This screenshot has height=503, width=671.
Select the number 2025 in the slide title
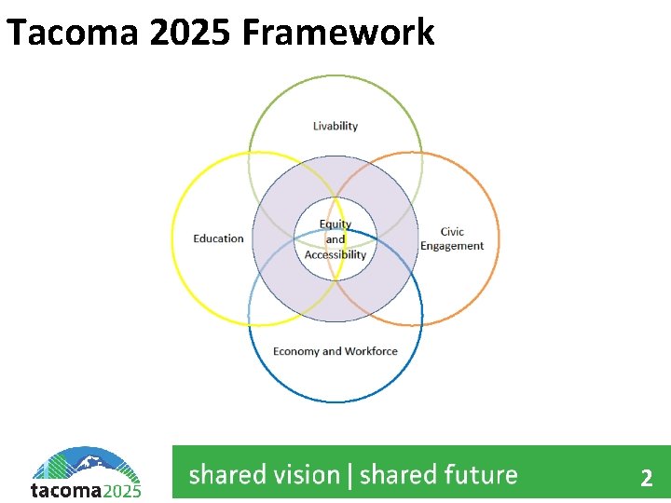[x=177, y=32]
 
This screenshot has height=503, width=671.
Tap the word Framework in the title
[x=338, y=32]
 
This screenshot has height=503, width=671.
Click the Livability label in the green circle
[x=335, y=126]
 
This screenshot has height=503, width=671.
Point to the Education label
[x=218, y=238]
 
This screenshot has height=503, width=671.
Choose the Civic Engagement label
[x=452, y=239]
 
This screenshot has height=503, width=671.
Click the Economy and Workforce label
[x=335, y=351]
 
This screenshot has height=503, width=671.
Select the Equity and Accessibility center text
[x=335, y=239]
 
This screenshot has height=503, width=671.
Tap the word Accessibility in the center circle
[x=335, y=254]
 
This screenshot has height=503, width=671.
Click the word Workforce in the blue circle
[x=371, y=351]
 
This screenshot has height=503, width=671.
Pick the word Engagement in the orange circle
[x=452, y=246]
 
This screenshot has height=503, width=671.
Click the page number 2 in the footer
[x=646, y=479]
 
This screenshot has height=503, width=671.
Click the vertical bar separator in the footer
[x=349, y=476]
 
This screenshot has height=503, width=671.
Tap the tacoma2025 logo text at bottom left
[x=86, y=490]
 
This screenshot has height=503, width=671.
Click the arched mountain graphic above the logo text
[x=86, y=463]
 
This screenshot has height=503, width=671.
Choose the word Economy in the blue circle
[x=294, y=351]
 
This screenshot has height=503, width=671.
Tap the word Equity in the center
[x=335, y=224]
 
